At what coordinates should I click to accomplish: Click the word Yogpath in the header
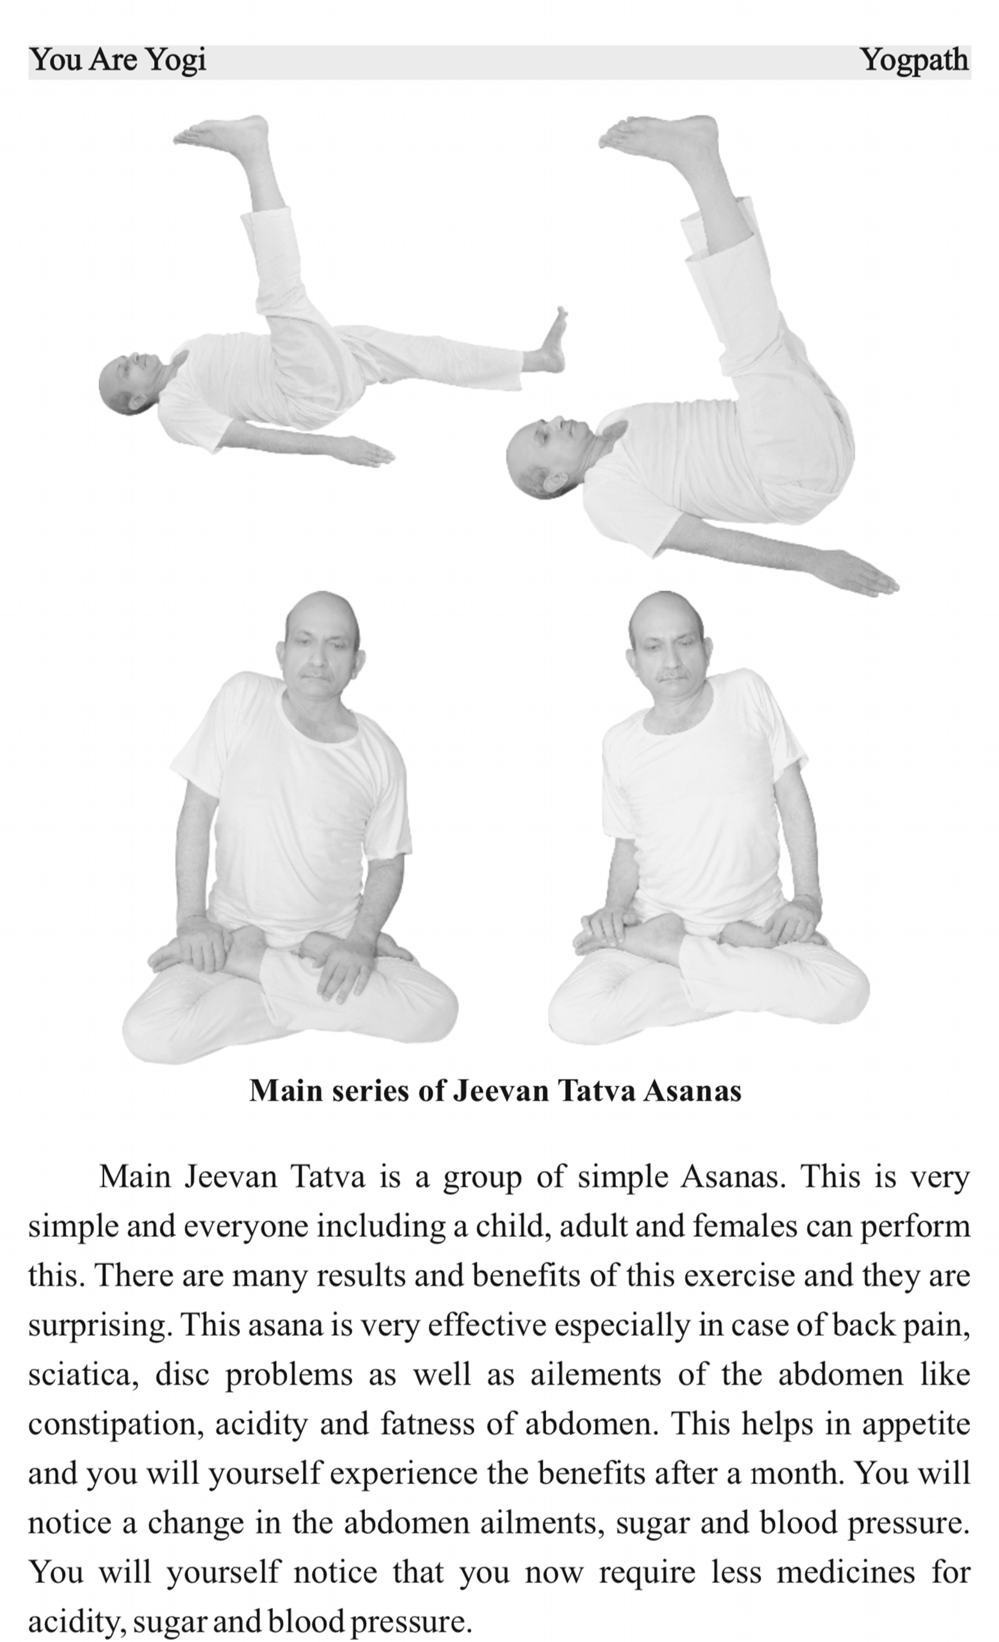(914, 60)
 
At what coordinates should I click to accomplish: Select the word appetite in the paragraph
(916, 1424)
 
